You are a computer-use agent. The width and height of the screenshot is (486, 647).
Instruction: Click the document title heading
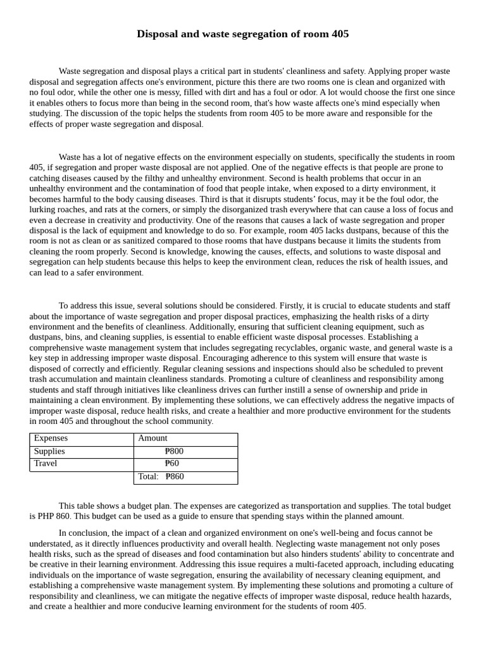click(x=242, y=34)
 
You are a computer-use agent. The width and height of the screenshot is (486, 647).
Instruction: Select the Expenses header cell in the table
click(x=51, y=438)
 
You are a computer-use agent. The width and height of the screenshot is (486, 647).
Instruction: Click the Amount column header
click(x=153, y=438)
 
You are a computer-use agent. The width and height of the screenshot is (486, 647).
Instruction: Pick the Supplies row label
click(x=49, y=451)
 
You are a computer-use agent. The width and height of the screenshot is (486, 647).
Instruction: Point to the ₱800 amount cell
click(x=174, y=451)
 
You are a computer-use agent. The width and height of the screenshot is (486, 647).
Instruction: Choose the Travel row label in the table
click(x=46, y=463)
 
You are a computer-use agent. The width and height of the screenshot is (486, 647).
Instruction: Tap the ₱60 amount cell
click(x=172, y=463)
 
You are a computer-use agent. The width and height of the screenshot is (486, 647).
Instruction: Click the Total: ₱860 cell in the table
click(x=161, y=476)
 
